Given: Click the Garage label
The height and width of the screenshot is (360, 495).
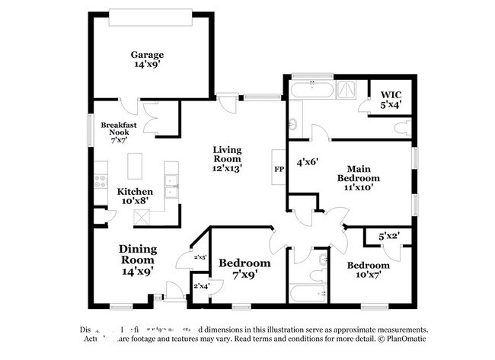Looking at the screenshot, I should point(146,59).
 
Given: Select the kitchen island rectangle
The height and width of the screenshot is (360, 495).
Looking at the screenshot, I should point(136,165).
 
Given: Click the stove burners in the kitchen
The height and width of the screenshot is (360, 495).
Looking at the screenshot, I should point(98,182).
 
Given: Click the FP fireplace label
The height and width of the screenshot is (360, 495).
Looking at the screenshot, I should point(279,169).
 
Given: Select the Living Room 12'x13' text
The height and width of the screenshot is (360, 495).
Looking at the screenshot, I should point(227,159).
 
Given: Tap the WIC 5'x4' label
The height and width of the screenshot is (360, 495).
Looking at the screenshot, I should point(391,100).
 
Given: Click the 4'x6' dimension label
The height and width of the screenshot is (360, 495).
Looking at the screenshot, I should point(307,161).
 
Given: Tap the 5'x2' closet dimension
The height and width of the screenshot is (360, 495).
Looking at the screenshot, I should point(389,237).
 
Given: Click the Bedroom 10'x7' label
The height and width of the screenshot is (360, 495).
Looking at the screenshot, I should point(369,269).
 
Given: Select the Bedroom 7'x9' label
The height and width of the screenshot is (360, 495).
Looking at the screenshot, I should point(244,268).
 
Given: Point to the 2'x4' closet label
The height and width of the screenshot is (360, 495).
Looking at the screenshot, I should point(200,286).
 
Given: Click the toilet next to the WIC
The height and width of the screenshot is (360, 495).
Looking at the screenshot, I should point(408,127).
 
